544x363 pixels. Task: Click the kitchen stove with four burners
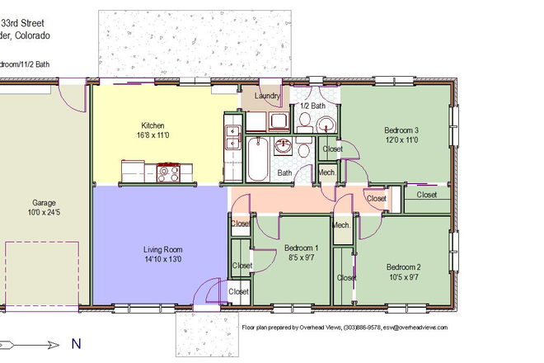pos(168,173)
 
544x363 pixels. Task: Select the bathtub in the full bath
pos(256,160)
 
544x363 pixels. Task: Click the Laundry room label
pos(268,96)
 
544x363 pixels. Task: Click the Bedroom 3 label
pos(401,130)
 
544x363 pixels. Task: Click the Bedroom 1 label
pos(301,248)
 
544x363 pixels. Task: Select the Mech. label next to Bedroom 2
pos(341,225)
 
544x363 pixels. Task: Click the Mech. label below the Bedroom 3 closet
pos(327,172)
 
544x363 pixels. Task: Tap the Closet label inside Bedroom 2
pos(346,278)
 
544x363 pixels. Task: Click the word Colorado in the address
pos(30,36)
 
